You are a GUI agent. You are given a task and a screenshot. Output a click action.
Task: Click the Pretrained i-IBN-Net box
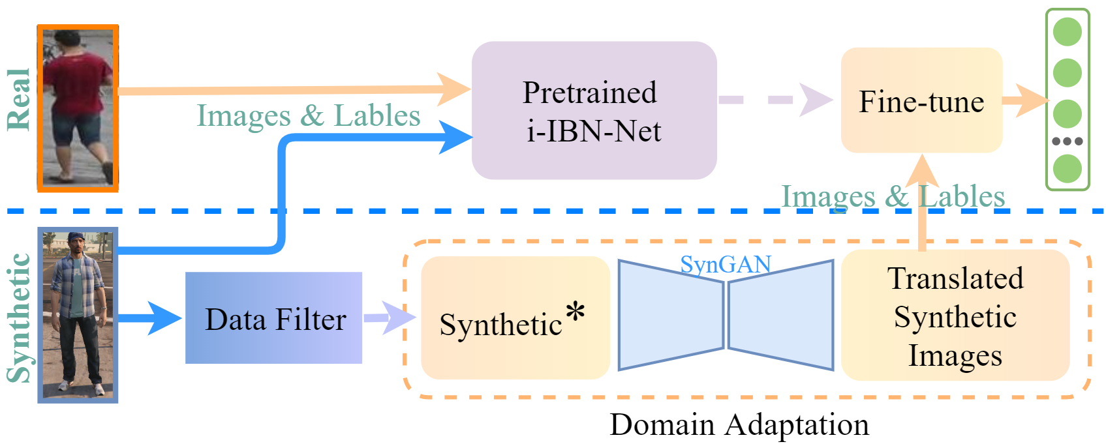[x=594, y=110]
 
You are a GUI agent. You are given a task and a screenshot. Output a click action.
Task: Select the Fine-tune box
[x=922, y=100]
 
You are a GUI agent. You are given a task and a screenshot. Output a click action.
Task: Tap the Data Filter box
[x=273, y=318]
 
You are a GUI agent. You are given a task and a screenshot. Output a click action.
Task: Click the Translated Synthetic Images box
[x=955, y=316]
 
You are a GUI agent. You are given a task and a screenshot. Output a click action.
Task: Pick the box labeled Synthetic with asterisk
[x=515, y=318]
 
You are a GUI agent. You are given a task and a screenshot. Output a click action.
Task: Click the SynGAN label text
[x=726, y=264]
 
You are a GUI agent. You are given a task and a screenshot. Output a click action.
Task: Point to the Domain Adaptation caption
[x=739, y=424]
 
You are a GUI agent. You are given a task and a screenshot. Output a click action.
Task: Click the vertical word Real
[x=19, y=100]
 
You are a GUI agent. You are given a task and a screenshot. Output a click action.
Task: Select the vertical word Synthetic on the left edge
[x=19, y=318]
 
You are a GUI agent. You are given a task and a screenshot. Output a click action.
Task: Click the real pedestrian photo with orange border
[x=78, y=108]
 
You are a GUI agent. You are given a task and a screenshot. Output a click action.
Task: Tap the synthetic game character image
[x=78, y=316]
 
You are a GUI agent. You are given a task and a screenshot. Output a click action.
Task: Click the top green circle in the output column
[x=1068, y=31]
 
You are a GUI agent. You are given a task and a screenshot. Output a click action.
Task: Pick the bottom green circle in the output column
[x=1068, y=169]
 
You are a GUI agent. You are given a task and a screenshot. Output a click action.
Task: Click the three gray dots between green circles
[x=1068, y=141]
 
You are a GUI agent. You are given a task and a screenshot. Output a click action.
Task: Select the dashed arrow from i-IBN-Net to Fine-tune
[x=776, y=100]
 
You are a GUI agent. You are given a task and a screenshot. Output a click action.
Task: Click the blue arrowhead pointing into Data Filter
[x=164, y=318]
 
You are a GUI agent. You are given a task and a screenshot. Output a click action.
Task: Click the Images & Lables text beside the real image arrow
[x=309, y=116]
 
